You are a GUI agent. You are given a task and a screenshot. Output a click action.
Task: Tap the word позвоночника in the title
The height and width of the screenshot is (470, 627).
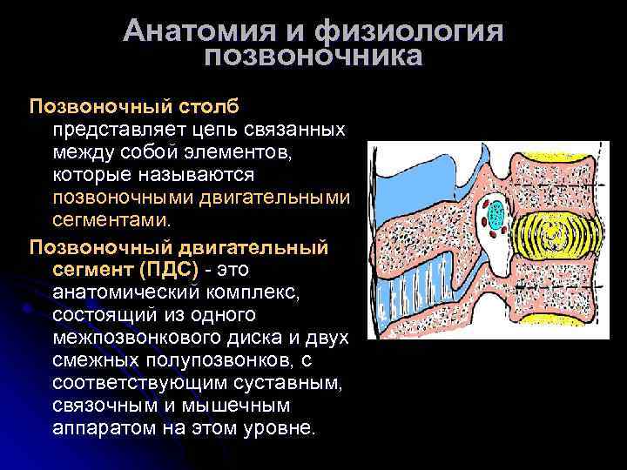click(313, 57)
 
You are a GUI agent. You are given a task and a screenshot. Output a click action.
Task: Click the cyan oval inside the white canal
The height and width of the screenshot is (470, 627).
click(496, 214)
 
